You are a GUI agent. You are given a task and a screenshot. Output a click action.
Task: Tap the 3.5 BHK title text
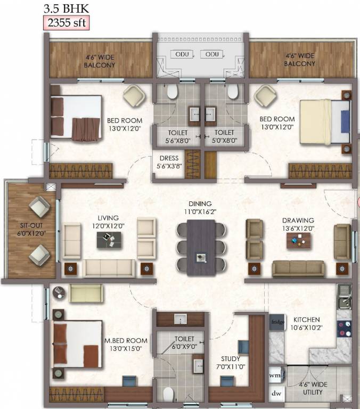(63, 8)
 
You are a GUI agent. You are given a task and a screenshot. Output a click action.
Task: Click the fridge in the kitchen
(277, 322)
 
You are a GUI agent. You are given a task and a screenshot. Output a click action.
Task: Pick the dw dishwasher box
(276, 394)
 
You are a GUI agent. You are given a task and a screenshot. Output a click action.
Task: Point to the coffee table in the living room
(108, 241)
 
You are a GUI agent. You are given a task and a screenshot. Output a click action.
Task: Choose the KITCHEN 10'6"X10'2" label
(306, 324)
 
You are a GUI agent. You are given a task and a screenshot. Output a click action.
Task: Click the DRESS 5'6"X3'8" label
(169, 162)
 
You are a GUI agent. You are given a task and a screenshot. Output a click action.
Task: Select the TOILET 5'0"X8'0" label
(224, 136)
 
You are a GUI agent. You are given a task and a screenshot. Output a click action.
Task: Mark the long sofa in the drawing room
(298, 268)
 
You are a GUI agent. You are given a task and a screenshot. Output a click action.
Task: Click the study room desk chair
(243, 347)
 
